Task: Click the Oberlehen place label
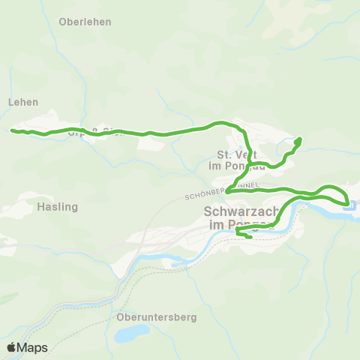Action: click(x=85, y=22)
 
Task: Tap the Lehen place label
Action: click(x=22, y=102)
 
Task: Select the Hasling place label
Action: click(x=57, y=205)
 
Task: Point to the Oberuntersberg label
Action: click(x=157, y=317)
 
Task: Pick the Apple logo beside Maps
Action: click(x=12, y=348)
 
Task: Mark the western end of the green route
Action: click(x=13, y=130)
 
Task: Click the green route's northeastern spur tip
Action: click(x=298, y=139)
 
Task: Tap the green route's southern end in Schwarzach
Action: click(x=249, y=238)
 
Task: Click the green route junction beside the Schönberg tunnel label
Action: click(x=227, y=190)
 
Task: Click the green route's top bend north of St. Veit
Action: click(x=220, y=122)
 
